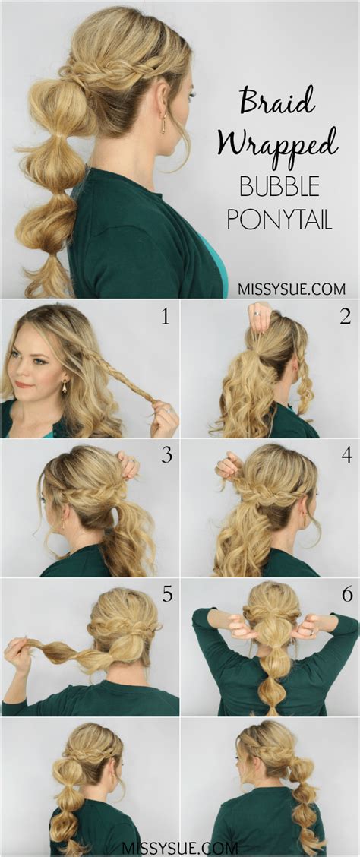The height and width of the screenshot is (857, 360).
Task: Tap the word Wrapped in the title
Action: click(x=277, y=142)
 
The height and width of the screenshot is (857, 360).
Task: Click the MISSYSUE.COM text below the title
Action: click(x=292, y=289)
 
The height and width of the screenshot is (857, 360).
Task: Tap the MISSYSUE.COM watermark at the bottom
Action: click(x=179, y=846)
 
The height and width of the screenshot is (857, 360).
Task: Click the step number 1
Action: click(x=166, y=316)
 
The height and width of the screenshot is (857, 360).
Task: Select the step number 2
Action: click(x=345, y=316)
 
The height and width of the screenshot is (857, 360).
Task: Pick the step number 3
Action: click(x=166, y=456)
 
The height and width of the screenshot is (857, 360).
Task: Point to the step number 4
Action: click(x=346, y=456)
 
